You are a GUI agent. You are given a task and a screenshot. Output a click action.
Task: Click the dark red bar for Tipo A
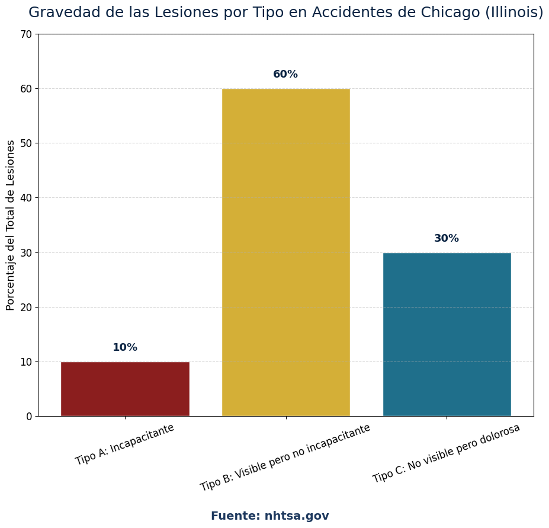125,389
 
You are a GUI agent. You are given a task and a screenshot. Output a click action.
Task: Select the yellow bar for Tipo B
286,252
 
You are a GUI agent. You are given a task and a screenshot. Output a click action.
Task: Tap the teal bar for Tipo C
447,334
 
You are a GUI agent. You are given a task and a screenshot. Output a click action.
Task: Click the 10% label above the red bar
125,348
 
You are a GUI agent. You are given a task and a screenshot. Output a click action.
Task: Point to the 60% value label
285,75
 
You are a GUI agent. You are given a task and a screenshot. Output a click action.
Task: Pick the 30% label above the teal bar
447,239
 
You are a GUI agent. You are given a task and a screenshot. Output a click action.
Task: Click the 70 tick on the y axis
26,34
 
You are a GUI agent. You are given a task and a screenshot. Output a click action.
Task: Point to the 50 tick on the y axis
26,143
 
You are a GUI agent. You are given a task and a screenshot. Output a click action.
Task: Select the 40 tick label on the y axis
26,198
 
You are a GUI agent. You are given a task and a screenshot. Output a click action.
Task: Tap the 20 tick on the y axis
26,307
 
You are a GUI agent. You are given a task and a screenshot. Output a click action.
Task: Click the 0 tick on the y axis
29,417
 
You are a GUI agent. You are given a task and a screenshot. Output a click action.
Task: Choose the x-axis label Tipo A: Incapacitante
125,444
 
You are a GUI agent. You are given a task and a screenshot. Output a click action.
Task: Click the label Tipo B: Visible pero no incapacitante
285,457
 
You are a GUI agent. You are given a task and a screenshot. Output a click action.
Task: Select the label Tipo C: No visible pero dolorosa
447,453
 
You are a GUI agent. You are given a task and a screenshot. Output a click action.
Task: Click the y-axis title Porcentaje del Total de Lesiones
11,225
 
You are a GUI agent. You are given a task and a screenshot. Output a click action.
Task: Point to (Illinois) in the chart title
514,12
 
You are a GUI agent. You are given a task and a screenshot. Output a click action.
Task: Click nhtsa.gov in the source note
297,516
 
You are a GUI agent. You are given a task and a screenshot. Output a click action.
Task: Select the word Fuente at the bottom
235,516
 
